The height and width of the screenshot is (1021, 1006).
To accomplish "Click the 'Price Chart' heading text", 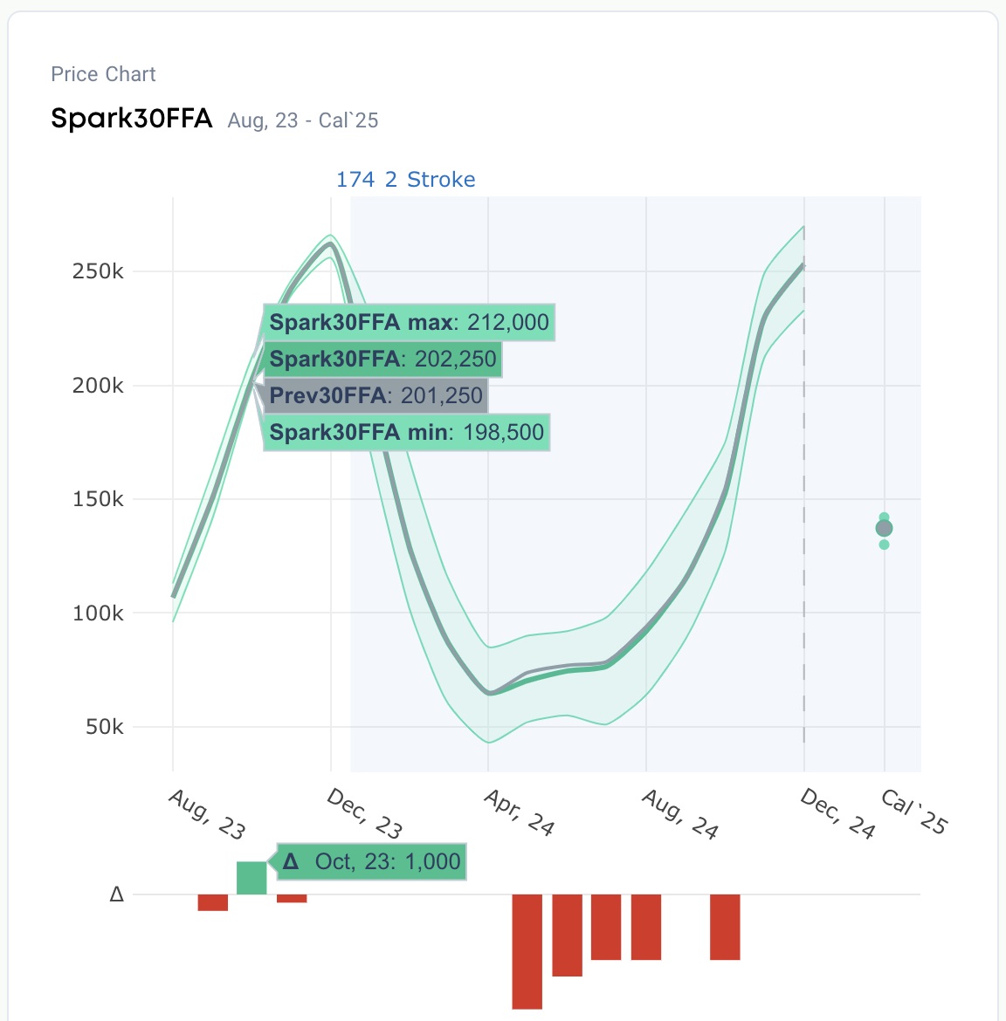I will click(103, 74).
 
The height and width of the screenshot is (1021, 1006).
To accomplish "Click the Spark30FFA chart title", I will click(131, 119).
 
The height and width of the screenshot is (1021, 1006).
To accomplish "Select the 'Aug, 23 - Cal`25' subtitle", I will click(303, 120).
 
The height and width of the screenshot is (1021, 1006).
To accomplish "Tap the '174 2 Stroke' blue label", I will click(405, 180).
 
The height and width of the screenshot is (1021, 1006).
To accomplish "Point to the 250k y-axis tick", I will click(98, 271).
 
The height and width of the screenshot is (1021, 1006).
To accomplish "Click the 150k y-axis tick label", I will click(98, 499).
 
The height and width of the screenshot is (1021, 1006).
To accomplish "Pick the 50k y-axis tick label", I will click(104, 727).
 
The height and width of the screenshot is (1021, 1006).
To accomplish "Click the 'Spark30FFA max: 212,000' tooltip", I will click(409, 323).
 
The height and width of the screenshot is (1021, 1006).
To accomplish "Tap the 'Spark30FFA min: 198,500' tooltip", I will click(406, 433).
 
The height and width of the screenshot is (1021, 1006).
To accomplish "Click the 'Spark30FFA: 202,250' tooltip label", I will click(382, 360).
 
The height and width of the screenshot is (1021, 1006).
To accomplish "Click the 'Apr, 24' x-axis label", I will click(520, 812).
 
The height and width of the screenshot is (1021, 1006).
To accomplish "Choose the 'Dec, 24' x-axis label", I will click(837, 813).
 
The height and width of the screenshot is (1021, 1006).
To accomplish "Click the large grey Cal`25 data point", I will click(884, 528).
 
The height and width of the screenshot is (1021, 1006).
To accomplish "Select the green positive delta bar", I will click(251, 878).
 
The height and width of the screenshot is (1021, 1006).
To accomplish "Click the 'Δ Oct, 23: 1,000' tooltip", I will click(372, 862).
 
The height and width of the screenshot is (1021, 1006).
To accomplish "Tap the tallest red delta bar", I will click(527, 951).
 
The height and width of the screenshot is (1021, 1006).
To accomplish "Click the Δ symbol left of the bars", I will click(116, 894).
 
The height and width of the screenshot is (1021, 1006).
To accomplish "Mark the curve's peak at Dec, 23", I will click(330, 243).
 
